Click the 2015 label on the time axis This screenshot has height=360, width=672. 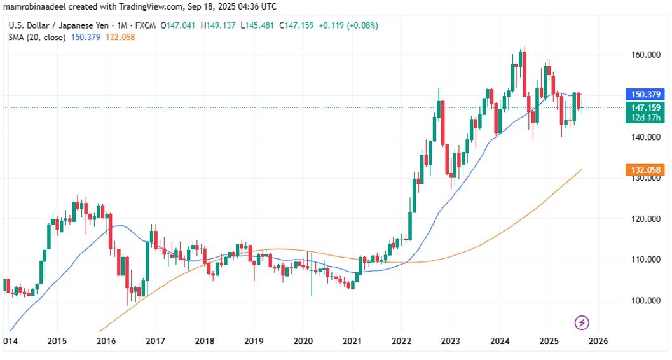(57, 341)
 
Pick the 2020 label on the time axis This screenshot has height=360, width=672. (303, 341)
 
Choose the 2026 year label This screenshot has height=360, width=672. (598, 341)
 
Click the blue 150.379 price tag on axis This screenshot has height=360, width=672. (645, 94)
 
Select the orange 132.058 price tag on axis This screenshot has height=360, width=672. (645, 170)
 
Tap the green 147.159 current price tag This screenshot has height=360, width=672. (645, 107)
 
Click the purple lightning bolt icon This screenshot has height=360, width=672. (582, 322)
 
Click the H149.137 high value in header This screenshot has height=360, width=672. (220, 25)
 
